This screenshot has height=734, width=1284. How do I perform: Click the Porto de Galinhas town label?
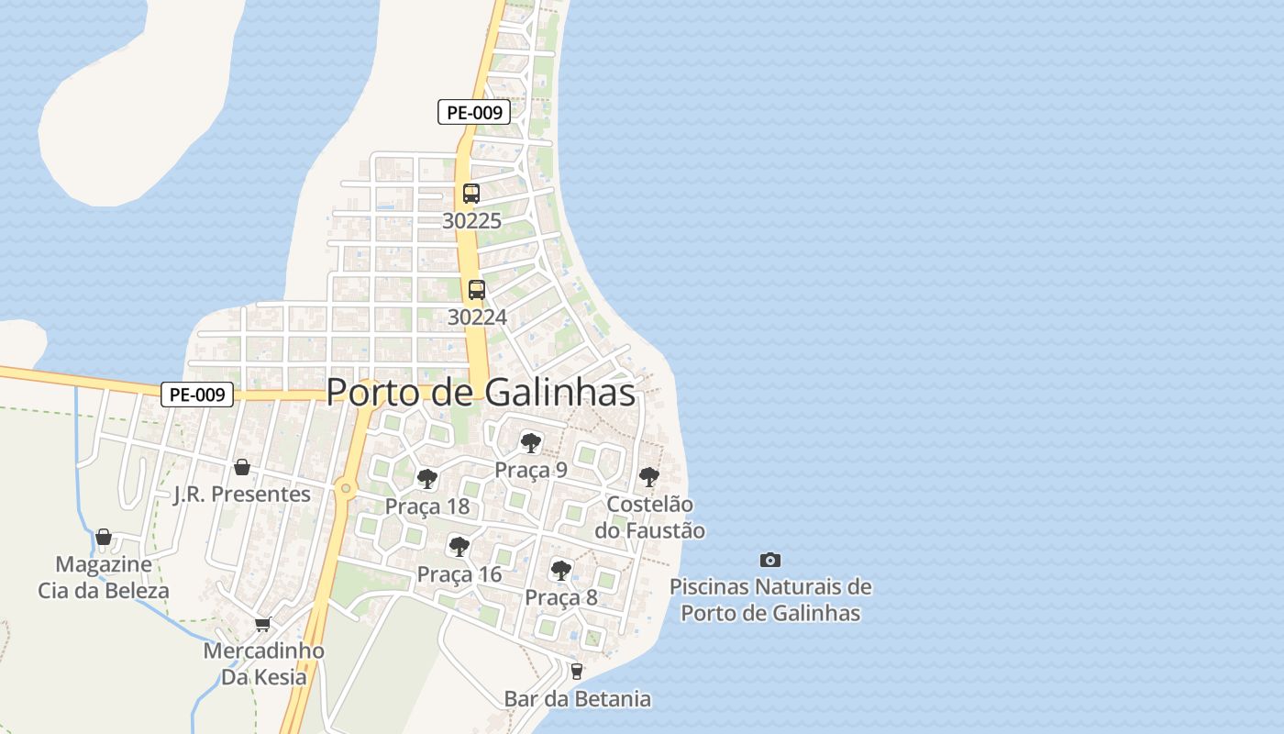tap(481, 393)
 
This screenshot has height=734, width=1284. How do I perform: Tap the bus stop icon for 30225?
tap(471, 194)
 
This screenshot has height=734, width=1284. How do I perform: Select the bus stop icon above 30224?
tap(477, 290)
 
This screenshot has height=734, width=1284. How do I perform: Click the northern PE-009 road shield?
tap(473, 113)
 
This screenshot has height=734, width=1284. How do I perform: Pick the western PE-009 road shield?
tap(197, 395)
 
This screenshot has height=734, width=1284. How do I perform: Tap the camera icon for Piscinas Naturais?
tap(770, 560)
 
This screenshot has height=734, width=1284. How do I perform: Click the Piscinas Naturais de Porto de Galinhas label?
tap(770, 599)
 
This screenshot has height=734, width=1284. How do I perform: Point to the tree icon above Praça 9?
tap(530, 443)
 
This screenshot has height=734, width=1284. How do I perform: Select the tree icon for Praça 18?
tap(426, 479)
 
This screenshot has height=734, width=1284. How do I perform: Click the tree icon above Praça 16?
tap(459, 548)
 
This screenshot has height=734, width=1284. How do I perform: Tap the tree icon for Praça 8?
tap(561, 571)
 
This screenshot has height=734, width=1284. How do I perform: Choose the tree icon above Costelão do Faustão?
tap(649, 477)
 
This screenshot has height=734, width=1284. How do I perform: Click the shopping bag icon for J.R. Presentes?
tap(242, 468)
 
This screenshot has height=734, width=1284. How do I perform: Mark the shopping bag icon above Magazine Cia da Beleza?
tap(104, 537)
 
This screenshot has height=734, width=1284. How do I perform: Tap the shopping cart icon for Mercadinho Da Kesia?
tap(263, 625)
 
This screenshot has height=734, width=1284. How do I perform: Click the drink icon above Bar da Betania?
tap(577, 672)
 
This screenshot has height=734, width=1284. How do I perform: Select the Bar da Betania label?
tap(578, 699)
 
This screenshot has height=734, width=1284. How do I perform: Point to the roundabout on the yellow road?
tap(346, 489)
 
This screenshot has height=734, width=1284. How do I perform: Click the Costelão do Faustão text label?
tap(650, 517)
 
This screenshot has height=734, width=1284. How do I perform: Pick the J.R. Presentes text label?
tap(242, 495)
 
